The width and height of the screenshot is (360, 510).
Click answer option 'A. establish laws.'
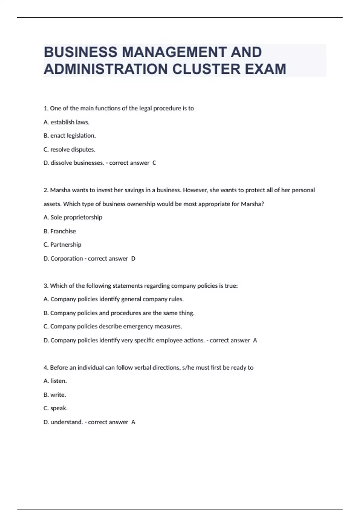(x=66, y=122)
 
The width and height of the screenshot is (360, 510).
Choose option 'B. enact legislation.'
(x=70, y=136)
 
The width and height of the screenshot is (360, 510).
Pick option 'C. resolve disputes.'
(x=69, y=149)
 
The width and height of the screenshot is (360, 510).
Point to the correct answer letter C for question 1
(x=154, y=163)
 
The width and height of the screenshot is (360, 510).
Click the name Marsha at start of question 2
(x=60, y=190)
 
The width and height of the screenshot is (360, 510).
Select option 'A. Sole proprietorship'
(x=73, y=217)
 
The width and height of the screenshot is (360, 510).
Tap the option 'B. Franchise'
(x=60, y=231)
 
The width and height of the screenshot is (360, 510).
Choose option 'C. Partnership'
(x=62, y=244)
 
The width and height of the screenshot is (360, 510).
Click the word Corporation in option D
(x=67, y=259)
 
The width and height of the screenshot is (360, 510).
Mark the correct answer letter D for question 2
(x=133, y=259)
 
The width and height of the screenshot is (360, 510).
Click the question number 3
(x=46, y=286)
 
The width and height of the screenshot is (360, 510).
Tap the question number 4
(x=46, y=367)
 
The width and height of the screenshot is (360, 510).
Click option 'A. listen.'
(x=55, y=381)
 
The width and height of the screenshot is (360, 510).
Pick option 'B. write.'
(x=55, y=395)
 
